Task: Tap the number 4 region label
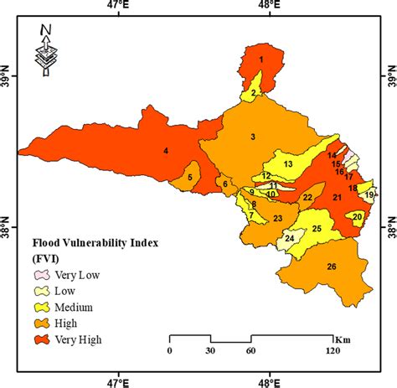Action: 166,151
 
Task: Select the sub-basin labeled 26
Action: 332,266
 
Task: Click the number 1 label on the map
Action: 261,59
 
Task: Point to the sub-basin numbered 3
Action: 252,137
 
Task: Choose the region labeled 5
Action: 190,177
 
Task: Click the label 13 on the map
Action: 288,163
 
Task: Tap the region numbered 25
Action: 317,229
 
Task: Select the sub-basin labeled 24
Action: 290,239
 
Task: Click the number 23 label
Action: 277,219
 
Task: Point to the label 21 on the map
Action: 337,198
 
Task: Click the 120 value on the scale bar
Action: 333,351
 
